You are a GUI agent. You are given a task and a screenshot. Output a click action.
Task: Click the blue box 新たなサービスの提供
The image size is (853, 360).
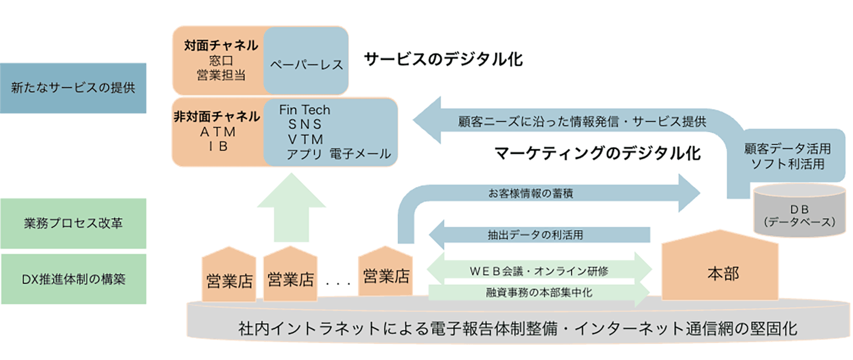pyautogui.click(x=73, y=88)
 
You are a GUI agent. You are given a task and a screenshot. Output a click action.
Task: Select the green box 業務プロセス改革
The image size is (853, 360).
pyautogui.click(x=73, y=223)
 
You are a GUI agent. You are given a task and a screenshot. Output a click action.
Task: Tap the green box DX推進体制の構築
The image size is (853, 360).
pyautogui.click(x=73, y=279)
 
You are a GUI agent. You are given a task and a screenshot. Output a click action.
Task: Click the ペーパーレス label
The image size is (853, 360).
pyautogui.click(x=306, y=65)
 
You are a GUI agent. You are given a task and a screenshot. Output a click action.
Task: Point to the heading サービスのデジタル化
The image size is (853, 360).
pyautogui.click(x=443, y=59)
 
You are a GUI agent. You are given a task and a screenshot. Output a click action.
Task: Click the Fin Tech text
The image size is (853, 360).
pyautogui.click(x=304, y=110)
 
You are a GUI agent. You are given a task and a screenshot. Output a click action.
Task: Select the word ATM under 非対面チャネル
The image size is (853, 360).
pyautogui.click(x=218, y=132)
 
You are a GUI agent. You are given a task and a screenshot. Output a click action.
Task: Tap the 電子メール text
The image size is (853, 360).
pyautogui.click(x=360, y=154)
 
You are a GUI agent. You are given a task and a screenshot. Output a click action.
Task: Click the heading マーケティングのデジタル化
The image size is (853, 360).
pyautogui.click(x=597, y=154)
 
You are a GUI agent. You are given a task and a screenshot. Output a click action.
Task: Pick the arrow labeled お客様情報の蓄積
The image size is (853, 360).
pyautogui.click(x=530, y=194)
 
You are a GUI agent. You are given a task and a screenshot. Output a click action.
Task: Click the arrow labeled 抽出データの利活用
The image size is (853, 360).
pyautogui.click(x=535, y=235)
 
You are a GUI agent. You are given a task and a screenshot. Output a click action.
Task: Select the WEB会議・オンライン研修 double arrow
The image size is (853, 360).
pyautogui.click(x=538, y=271)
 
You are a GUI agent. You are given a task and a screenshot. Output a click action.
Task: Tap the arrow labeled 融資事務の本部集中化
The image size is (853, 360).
pyautogui.click(x=538, y=292)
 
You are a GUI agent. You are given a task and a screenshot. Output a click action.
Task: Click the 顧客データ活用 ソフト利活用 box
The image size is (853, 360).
pyautogui.click(x=787, y=156)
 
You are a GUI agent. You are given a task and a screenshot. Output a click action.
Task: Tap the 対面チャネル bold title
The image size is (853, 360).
pyautogui.click(x=221, y=45)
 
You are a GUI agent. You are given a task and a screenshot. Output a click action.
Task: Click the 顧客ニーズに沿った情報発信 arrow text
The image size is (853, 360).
pyautogui.click(x=581, y=122)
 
